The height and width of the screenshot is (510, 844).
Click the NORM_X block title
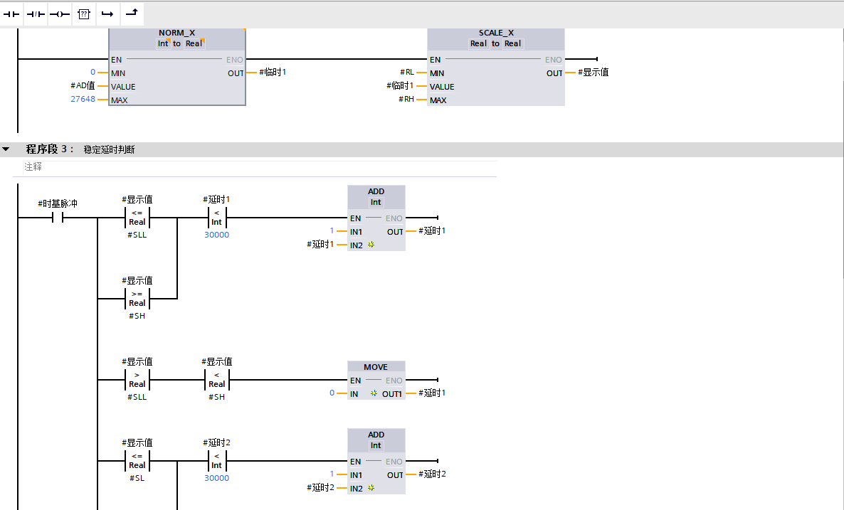[176, 33]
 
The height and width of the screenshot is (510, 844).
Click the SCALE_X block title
[495, 33]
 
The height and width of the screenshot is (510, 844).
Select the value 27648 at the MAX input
[83, 100]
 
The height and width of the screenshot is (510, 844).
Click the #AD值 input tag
[83, 86]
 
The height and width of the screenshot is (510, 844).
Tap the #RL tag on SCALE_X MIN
[406, 73]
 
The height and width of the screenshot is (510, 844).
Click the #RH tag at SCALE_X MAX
[406, 100]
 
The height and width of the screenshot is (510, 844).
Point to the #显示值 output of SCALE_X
[593, 73]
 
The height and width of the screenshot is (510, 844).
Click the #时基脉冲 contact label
[58, 204]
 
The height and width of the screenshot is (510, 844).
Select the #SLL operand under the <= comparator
[137, 235]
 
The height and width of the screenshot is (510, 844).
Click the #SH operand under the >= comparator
[137, 316]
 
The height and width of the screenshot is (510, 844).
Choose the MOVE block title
[376, 367]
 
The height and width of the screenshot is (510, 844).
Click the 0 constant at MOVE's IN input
[332, 393]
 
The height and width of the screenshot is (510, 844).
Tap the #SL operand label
[137, 478]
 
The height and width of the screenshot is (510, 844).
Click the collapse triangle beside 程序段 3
[6, 149]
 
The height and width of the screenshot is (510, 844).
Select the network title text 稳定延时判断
[109, 149]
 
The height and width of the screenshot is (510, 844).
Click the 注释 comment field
[33, 166]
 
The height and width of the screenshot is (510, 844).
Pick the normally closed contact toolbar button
[36, 14]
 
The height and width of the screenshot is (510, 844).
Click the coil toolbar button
[60, 14]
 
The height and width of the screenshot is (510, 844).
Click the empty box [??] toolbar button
[84, 14]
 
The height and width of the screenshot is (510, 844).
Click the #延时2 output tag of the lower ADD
[432, 474]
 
